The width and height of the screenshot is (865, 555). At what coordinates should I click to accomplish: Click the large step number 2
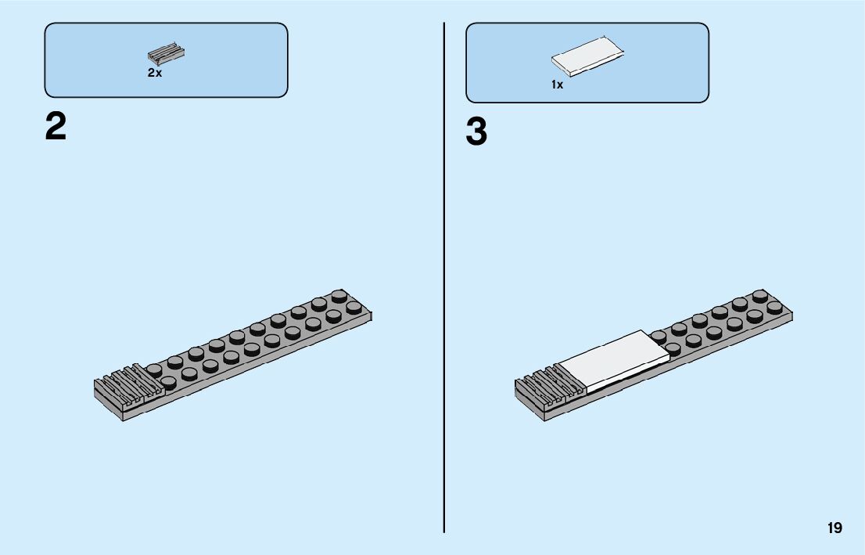tap(56, 127)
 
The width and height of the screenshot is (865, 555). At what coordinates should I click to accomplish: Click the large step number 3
tap(476, 132)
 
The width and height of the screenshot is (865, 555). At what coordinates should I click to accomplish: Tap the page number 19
tap(834, 528)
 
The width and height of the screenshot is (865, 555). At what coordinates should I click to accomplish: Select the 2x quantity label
tap(154, 73)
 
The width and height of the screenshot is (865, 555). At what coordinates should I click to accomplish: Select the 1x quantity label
tap(557, 85)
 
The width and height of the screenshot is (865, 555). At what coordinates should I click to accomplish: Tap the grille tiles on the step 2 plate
tap(125, 384)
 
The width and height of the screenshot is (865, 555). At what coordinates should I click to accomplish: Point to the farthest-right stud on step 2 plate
tap(354, 308)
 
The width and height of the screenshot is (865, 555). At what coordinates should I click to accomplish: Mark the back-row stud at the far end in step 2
tap(339, 296)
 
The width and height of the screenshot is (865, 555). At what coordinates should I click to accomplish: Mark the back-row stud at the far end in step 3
tap(759, 296)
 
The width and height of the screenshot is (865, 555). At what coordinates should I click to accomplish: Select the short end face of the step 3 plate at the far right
tap(791, 318)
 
